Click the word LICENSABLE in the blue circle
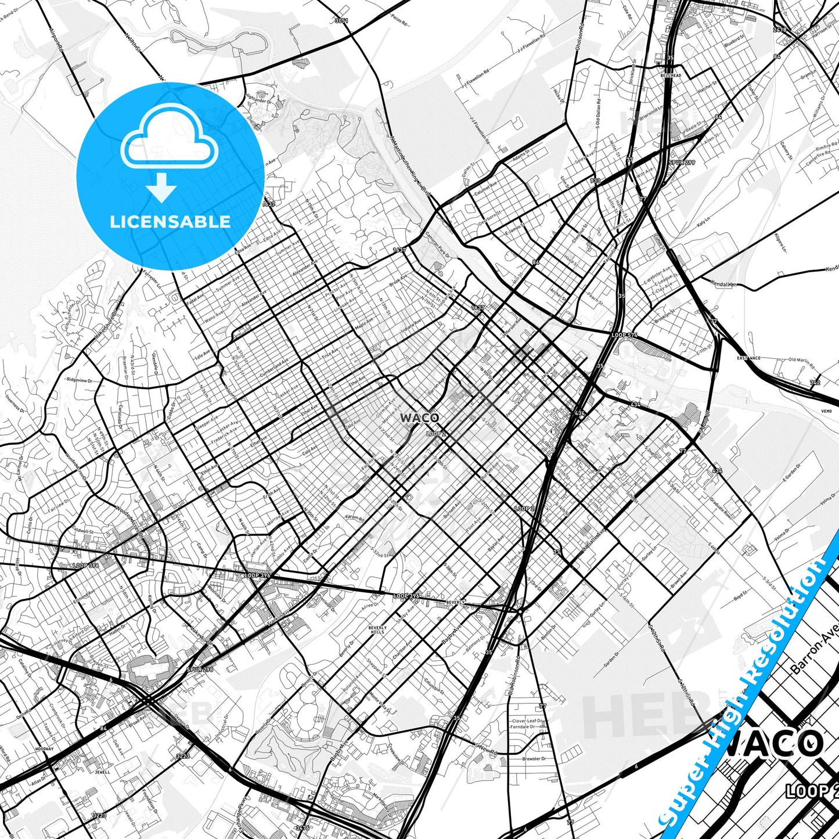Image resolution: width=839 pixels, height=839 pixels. [170, 221]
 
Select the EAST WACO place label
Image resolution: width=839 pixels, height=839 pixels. [748, 358]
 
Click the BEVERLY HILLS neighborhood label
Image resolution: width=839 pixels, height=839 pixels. [377, 631]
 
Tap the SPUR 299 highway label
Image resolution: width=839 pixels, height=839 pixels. [681, 163]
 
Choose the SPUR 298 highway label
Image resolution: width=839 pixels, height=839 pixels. [200, 669]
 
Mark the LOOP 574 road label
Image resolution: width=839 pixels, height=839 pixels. [624, 336]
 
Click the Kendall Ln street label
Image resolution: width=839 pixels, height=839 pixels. [723, 284]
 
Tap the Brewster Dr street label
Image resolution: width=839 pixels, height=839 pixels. [534, 759]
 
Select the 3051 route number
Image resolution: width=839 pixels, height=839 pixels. [341, 21]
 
